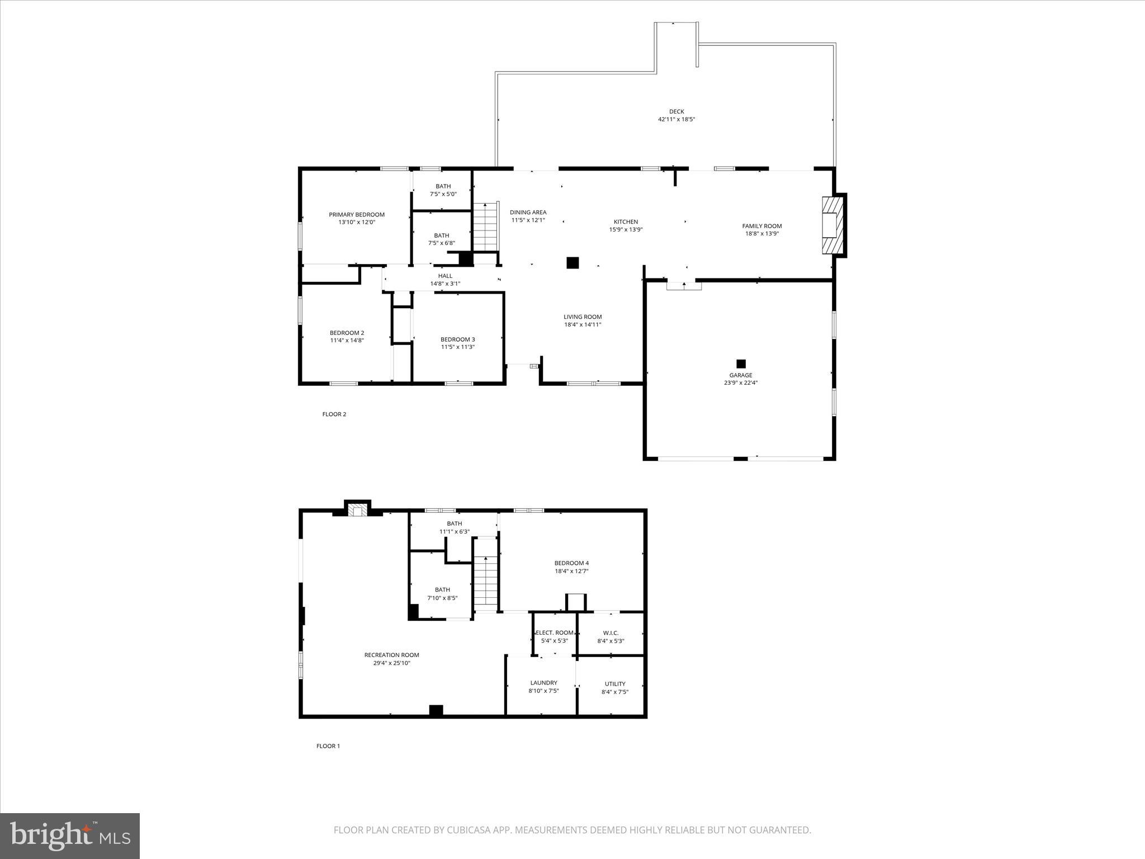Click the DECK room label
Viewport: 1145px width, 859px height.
pyautogui.click(x=676, y=111)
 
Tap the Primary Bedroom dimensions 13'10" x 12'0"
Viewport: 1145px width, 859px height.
pyautogui.click(x=357, y=222)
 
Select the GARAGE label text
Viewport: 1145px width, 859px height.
pyautogui.click(x=740, y=375)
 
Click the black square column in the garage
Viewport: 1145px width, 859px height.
pyautogui.click(x=741, y=364)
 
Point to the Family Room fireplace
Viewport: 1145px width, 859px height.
pyautogui.click(x=832, y=225)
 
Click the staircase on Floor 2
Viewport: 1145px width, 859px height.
pyautogui.click(x=485, y=227)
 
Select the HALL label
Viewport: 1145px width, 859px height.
pyautogui.click(x=445, y=276)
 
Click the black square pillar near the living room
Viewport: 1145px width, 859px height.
pyautogui.click(x=572, y=263)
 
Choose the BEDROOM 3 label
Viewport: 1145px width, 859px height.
pyautogui.click(x=457, y=339)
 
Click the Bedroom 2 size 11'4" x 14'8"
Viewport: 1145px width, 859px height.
pyautogui.click(x=347, y=340)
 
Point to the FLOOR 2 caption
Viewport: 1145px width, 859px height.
pyautogui.click(x=334, y=414)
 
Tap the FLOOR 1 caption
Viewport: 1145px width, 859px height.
pyautogui.click(x=328, y=746)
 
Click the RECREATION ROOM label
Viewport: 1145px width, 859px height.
pyautogui.click(x=391, y=655)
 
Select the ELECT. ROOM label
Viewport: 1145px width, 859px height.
pyautogui.click(x=555, y=633)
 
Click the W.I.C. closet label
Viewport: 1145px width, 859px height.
pyautogui.click(x=611, y=633)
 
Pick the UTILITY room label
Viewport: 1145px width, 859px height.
pyautogui.click(x=615, y=684)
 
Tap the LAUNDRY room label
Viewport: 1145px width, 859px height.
pyautogui.click(x=543, y=683)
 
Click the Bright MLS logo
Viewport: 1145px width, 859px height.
pyautogui.click(x=70, y=836)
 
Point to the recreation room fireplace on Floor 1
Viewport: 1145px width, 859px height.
pyautogui.click(x=357, y=509)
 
